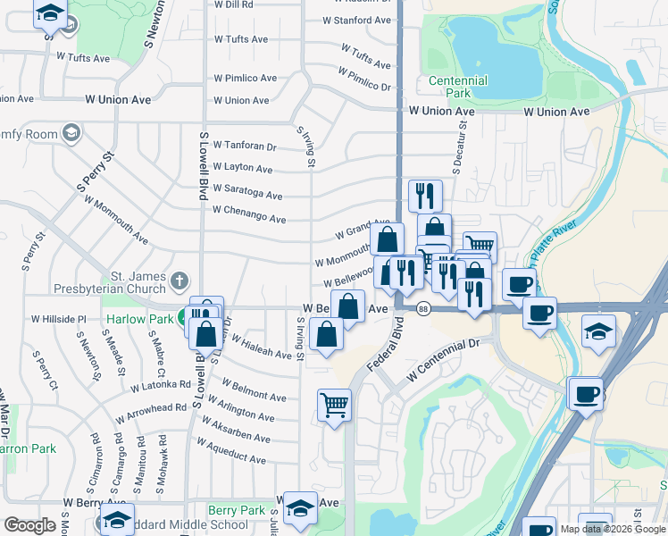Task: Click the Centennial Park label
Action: pyautogui.click(x=458, y=88)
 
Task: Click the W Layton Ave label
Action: pyautogui.click(x=243, y=168)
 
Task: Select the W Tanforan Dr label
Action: pyautogui.click(x=245, y=146)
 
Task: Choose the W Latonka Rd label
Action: pyautogui.click(x=161, y=386)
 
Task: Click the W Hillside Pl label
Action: pyautogui.click(x=59, y=318)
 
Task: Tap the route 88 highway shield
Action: pyautogui.click(x=423, y=308)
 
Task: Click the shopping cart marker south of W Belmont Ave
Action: pyautogui.click(x=334, y=405)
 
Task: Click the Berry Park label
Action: pyautogui.click(x=236, y=510)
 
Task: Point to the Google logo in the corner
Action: pyautogui.click(x=29, y=525)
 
